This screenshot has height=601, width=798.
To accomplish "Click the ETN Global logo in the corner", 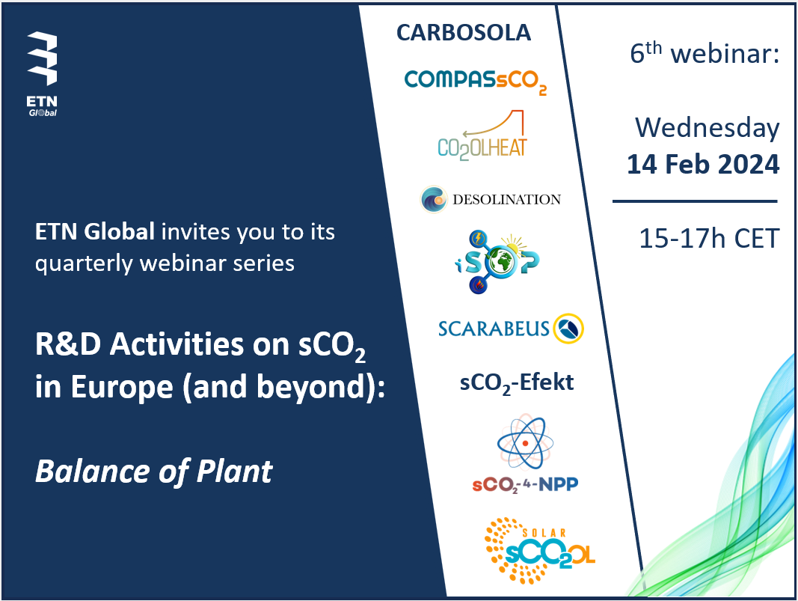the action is click(42, 74).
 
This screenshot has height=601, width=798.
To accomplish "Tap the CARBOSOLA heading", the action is click(464, 33).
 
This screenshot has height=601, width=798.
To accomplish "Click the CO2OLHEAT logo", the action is click(482, 135).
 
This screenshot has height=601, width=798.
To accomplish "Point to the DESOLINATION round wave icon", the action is click(434, 198).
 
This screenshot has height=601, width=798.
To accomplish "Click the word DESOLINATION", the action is click(507, 199).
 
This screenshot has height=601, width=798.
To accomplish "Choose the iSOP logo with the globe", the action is click(497, 262).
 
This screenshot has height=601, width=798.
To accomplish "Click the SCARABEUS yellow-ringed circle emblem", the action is click(568, 329).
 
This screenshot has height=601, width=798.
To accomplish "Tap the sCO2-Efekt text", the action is click(517, 383).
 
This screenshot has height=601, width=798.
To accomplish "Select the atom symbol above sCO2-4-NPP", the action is click(525, 442).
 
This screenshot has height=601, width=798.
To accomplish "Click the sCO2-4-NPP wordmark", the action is click(525, 484).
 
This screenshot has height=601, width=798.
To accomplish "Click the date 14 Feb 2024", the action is click(703, 165).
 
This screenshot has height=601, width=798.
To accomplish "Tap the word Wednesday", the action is click(707, 128).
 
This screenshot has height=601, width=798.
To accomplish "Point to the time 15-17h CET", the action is click(709, 238).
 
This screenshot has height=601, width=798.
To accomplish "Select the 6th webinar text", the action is click(705, 52).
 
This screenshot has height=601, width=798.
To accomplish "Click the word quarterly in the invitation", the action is click(85, 264).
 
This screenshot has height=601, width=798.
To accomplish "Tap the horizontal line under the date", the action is click(695, 201).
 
